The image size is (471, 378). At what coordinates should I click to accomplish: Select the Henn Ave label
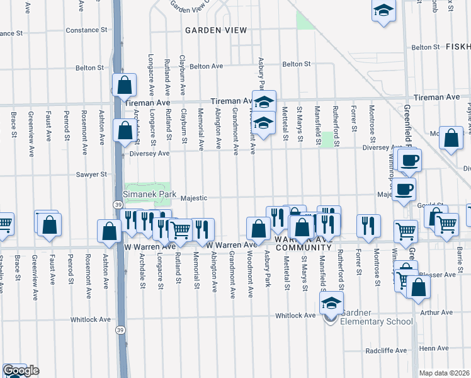point(434,348)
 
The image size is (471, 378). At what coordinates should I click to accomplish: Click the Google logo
point(21,370)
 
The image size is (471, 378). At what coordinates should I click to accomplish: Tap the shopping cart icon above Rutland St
point(181,229)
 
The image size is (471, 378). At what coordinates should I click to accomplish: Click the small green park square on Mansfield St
point(327,139)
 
